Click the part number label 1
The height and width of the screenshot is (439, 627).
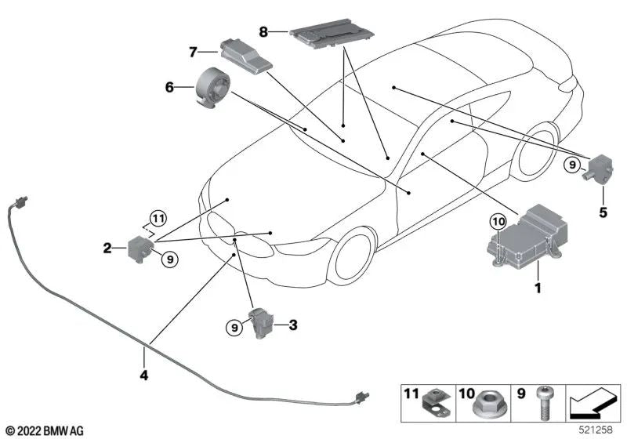pos(537,288)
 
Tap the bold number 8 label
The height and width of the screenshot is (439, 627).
pos(263,32)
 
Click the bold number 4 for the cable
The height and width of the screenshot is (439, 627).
pos(143,376)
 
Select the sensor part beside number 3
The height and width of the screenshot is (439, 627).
pos(260,325)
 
